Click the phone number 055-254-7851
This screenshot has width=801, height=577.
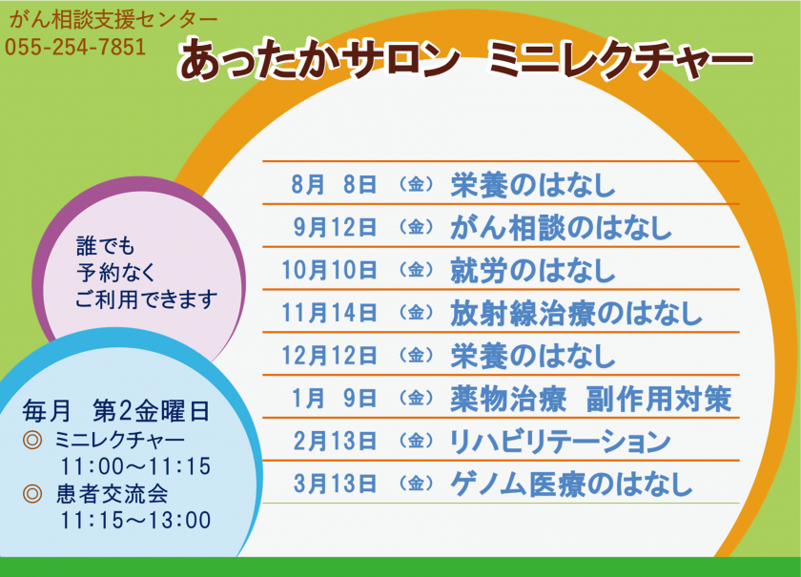pyautogui.click(x=75, y=47)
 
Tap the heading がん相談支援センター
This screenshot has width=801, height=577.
pyautogui.click(x=113, y=20)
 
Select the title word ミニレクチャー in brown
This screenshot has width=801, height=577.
pyautogui.click(x=620, y=60)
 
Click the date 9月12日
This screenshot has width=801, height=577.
pyautogui.click(x=335, y=227)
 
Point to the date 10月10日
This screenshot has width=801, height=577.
pyautogui.click(x=329, y=269)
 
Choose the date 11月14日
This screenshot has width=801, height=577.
pyautogui.click(x=329, y=312)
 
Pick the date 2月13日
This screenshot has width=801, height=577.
pyautogui.click(x=335, y=441)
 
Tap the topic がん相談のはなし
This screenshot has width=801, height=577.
pyautogui.click(x=561, y=227)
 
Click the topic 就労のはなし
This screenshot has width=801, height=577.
pyautogui.click(x=533, y=270)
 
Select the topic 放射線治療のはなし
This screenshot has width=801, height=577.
pyautogui.click(x=576, y=313)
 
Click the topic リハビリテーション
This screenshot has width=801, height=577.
pyautogui.click(x=561, y=441)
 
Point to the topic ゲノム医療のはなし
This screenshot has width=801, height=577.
pyautogui.click(x=571, y=484)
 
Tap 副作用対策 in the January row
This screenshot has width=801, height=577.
pyautogui.click(x=659, y=399)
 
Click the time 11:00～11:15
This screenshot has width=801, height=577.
pyautogui.click(x=135, y=466)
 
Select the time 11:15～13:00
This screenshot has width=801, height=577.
pyautogui.click(x=135, y=521)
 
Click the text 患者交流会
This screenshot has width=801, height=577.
pyautogui.click(x=113, y=494)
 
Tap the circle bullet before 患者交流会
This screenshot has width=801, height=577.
pyautogui.click(x=32, y=494)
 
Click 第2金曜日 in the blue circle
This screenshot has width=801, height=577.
pyautogui.click(x=152, y=412)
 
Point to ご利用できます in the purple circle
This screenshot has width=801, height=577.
pyautogui.click(x=147, y=299)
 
